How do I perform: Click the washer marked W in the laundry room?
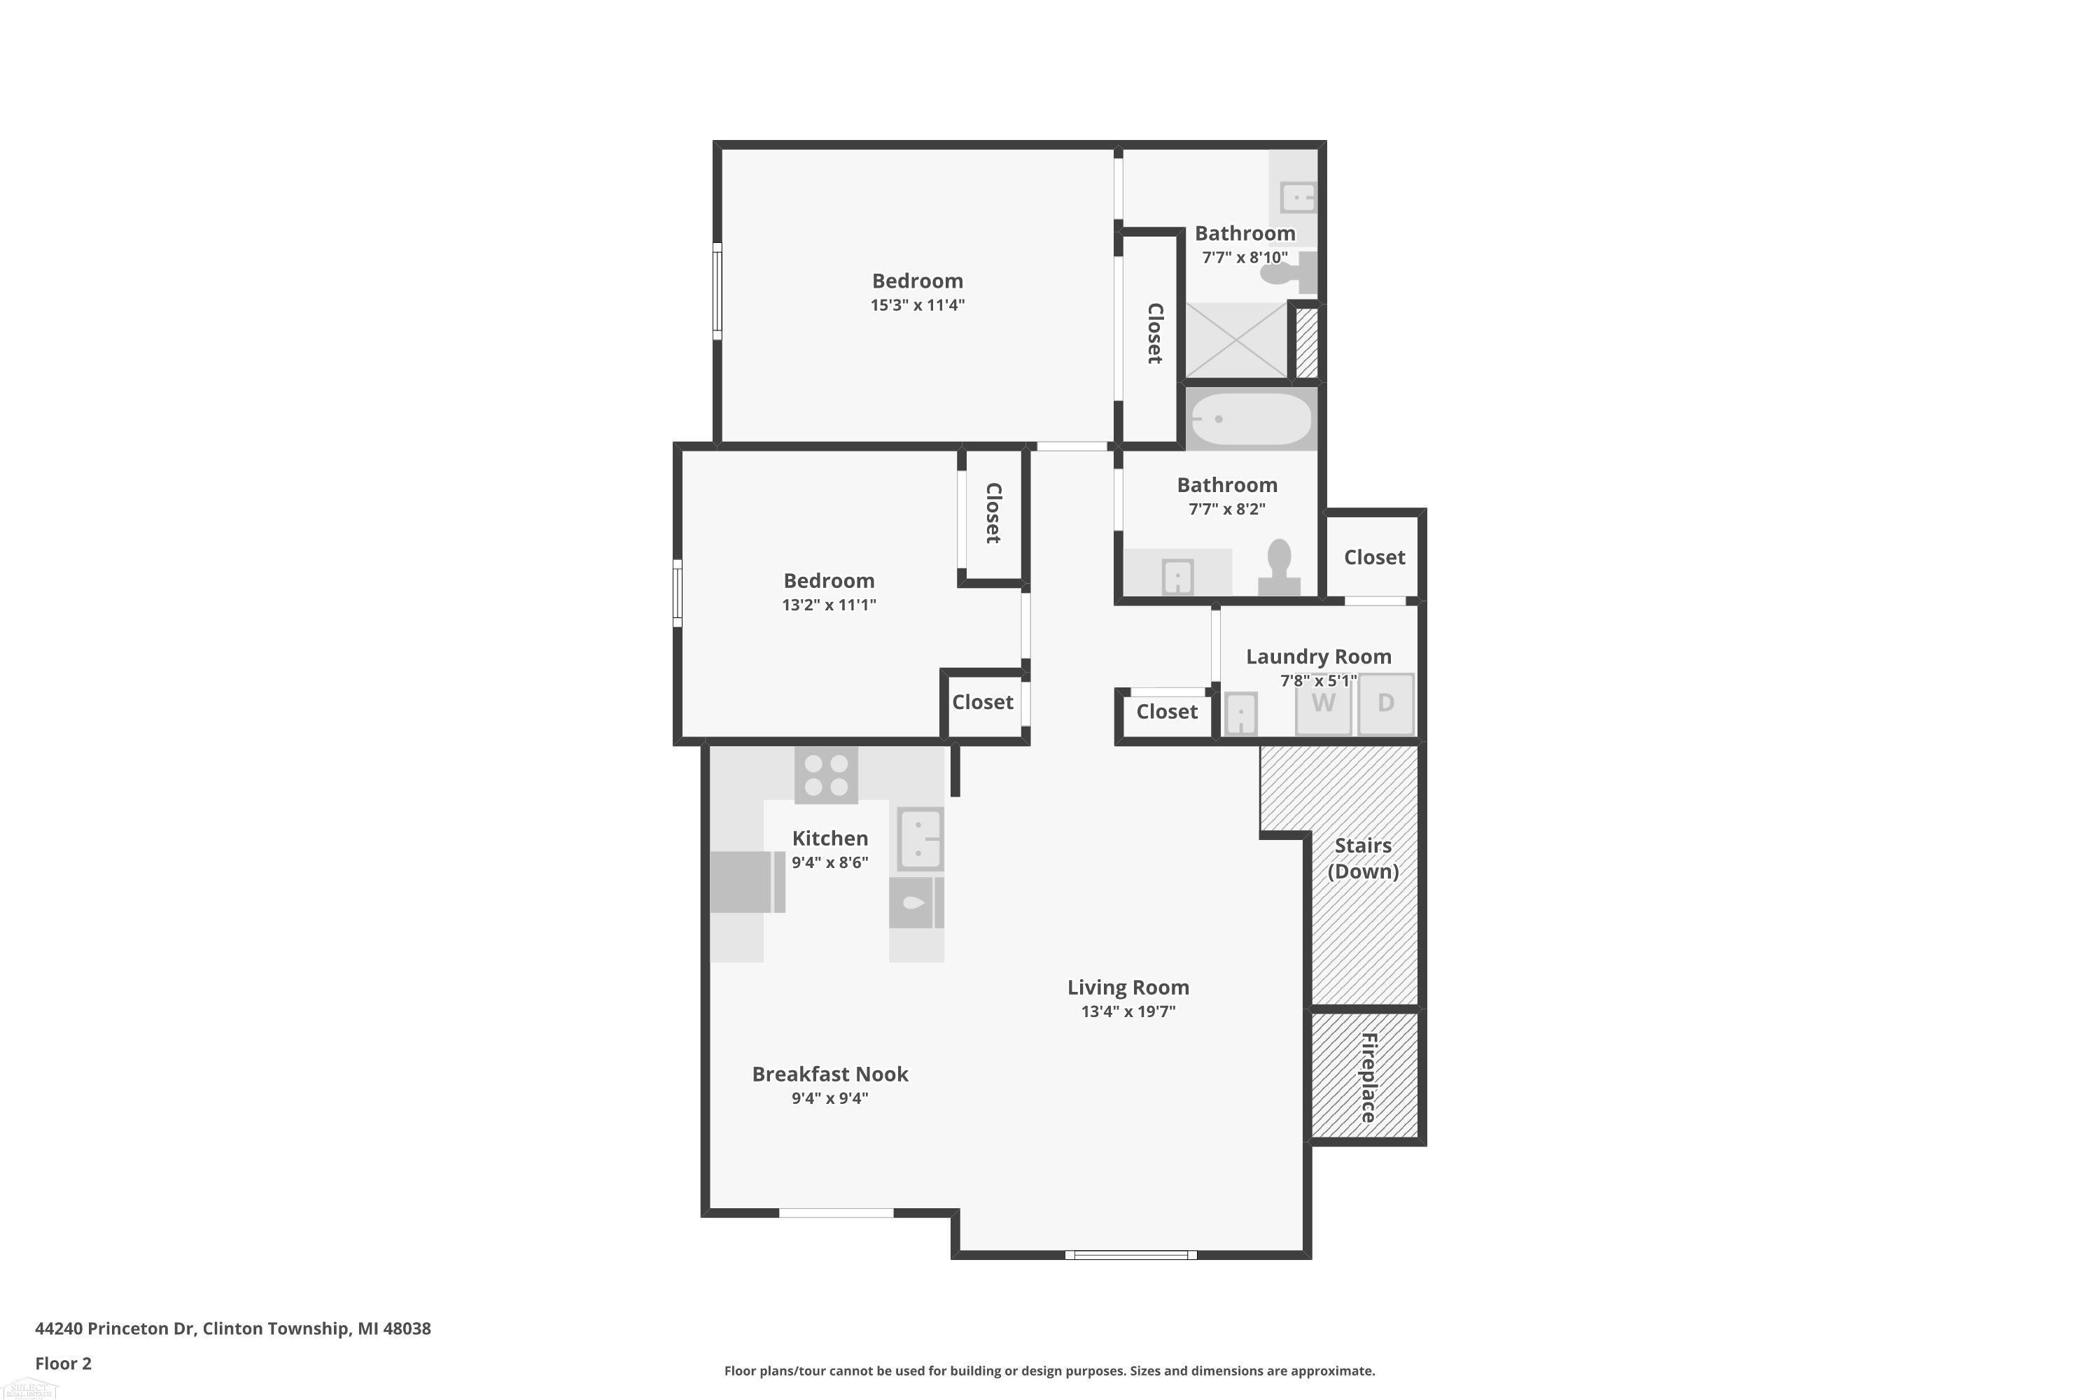tap(1323, 704)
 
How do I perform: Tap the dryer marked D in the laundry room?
tap(1386, 704)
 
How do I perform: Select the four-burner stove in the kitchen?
tap(826, 775)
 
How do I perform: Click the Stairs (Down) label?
tap(1362, 858)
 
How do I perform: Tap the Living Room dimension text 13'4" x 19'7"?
tap(1128, 1011)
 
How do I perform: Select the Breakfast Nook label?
tap(829, 1074)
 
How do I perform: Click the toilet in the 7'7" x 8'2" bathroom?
tap(1280, 567)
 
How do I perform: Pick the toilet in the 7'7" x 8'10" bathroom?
tap(1289, 272)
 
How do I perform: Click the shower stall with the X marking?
tap(1235, 340)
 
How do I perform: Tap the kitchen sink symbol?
tap(920, 839)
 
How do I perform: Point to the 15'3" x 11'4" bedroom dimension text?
tap(918, 305)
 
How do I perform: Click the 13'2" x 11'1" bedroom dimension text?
tap(829, 605)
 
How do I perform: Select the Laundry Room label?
tap(1319, 657)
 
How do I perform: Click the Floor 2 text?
tap(64, 1364)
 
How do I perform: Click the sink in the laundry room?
tap(1240, 713)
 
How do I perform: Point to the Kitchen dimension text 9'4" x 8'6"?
tap(829, 862)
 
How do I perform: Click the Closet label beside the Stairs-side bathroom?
tap(1374, 557)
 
